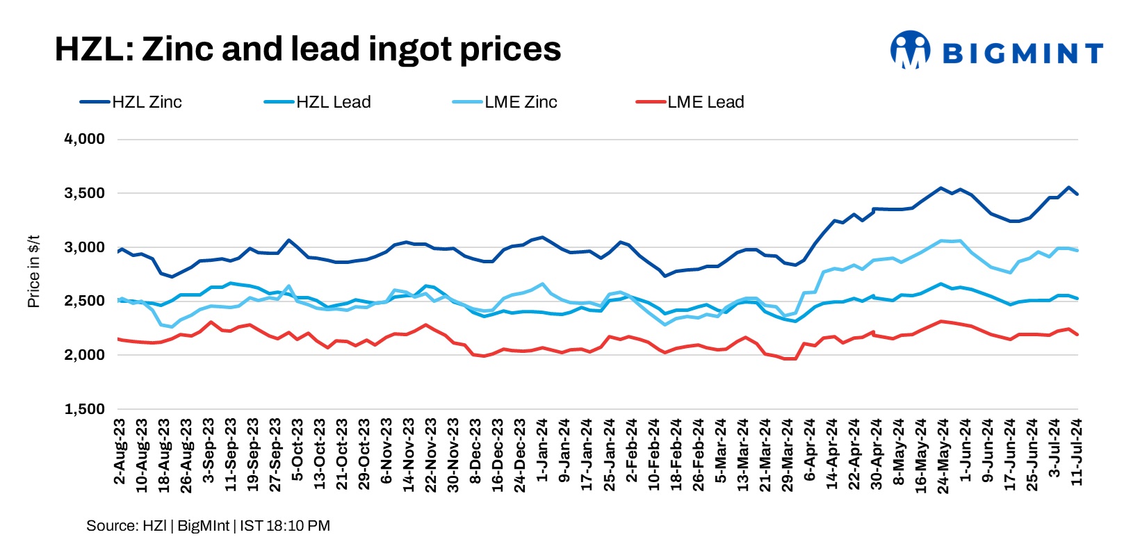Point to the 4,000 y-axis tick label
coord(85,139)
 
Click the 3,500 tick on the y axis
coord(85,193)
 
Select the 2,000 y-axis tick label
coord(85,355)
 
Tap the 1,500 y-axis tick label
coord(85,409)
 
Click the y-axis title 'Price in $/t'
coord(33,271)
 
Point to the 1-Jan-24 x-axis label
coord(542,450)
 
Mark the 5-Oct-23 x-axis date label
coord(298,450)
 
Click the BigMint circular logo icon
coord(910,50)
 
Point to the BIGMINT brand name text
coord(1023,53)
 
